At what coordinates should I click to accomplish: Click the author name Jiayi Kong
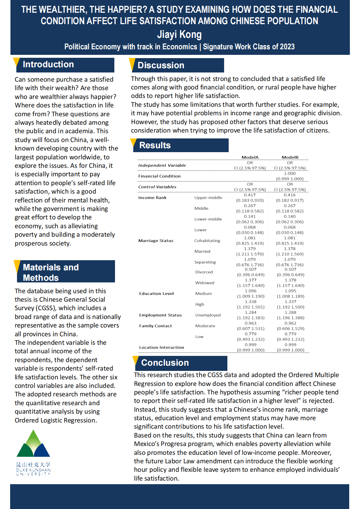179,34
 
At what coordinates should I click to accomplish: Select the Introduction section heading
48,64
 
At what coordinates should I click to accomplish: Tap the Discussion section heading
161,65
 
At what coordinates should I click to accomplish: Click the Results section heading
155,145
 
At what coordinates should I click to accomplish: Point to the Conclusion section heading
165,363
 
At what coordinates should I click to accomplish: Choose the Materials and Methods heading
51,272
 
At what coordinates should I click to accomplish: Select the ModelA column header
250,157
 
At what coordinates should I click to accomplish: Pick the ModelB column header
290,157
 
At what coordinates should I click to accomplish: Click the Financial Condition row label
159,176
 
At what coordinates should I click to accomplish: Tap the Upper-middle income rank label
208,198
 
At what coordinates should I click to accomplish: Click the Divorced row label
204,272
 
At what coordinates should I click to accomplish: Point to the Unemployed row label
208,315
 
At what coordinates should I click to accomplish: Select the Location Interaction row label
161,347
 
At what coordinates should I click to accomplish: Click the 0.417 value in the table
250,195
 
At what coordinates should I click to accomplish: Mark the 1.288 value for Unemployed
290,312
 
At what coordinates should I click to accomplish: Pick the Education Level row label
156,294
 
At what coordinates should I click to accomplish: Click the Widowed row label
205,283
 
